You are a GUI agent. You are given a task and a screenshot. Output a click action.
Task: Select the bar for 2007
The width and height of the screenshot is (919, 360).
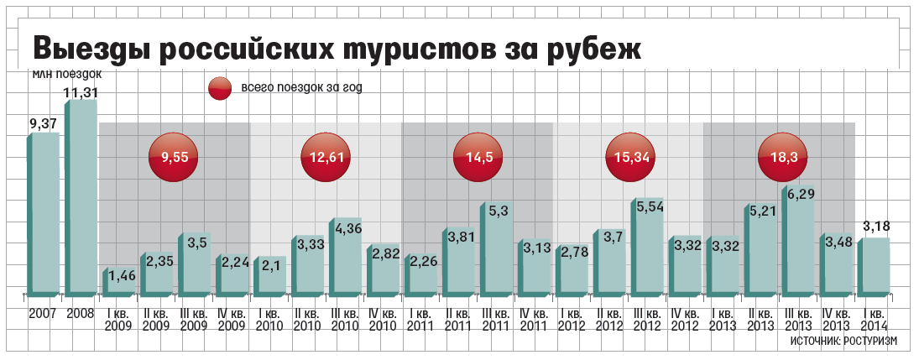(x=45, y=214)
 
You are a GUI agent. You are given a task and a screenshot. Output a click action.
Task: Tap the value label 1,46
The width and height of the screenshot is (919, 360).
(x=123, y=276)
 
